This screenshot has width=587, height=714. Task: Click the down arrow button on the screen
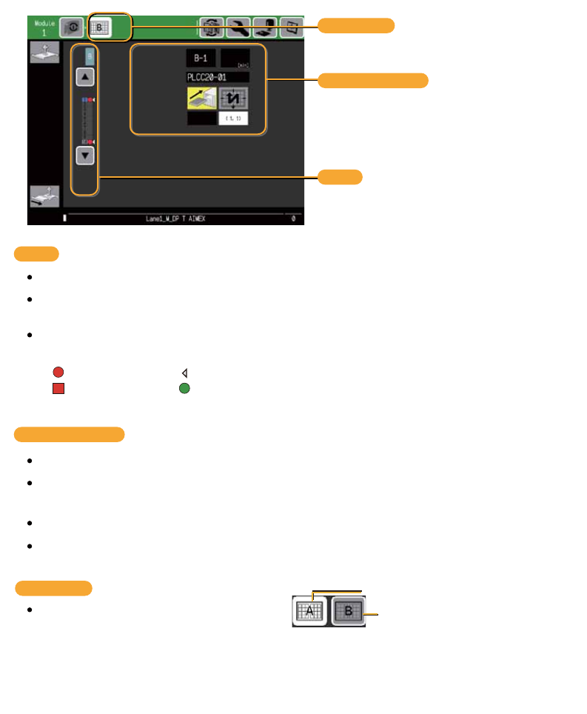[85, 156]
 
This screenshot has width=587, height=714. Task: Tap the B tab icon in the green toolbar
[99, 28]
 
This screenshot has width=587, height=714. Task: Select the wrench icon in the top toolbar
[238, 28]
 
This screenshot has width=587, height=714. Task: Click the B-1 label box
[201, 58]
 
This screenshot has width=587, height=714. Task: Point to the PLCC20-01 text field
[218, 77]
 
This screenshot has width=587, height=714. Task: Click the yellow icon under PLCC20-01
[201, 99]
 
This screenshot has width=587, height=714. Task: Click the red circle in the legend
[58, 373]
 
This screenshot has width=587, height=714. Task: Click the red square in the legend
[58, 387]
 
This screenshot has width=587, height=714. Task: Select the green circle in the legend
[184, 387]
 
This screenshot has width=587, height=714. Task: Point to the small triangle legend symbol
[184, 373]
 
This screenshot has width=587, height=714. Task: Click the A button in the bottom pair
[310, 611]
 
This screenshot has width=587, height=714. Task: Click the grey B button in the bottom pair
[348, 612]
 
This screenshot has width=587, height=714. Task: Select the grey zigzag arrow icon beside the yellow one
[233, 99]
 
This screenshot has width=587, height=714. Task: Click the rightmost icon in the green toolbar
[291, 28]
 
